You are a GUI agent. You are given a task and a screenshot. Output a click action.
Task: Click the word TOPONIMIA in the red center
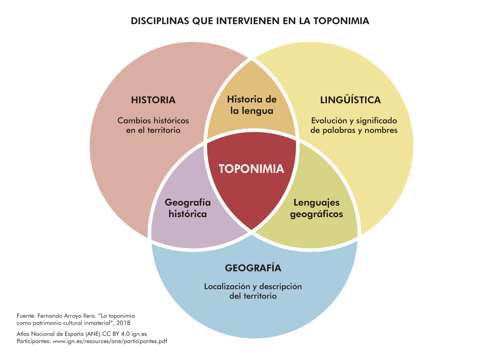tap(251, 169)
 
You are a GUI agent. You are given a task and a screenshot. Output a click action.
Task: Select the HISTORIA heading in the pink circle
tap(154, 100)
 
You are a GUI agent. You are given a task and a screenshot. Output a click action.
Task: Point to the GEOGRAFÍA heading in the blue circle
tap(253, 267)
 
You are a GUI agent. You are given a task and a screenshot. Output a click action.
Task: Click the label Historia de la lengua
tap(252, 105)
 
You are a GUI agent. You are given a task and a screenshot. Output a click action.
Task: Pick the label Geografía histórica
tap(188, 208)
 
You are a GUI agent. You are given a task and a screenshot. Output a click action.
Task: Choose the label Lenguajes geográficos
tap(317, 209)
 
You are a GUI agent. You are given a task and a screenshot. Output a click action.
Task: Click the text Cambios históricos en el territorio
tap(154, 125)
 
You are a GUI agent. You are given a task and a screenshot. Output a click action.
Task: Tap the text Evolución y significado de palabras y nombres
tap(354, 125)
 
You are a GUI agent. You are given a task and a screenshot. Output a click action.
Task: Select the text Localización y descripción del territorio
tap(253, 291)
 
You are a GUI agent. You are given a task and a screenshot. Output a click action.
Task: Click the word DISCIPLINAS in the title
tap(160, 21)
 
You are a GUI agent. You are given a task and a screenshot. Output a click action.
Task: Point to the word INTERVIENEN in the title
tap(248, 21)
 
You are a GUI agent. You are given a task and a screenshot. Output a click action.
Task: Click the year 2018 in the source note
tap(123, 323)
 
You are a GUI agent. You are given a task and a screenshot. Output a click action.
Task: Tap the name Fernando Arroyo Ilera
tap(67, 316)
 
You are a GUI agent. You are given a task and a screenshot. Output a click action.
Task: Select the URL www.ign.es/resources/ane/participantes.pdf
tap(110, 341)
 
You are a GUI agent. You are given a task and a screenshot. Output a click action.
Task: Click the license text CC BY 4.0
tap(116, 334)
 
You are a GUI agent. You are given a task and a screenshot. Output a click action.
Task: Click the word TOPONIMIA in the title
tap(341, 21)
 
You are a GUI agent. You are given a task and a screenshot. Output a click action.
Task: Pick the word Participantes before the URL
tap(34, 341)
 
